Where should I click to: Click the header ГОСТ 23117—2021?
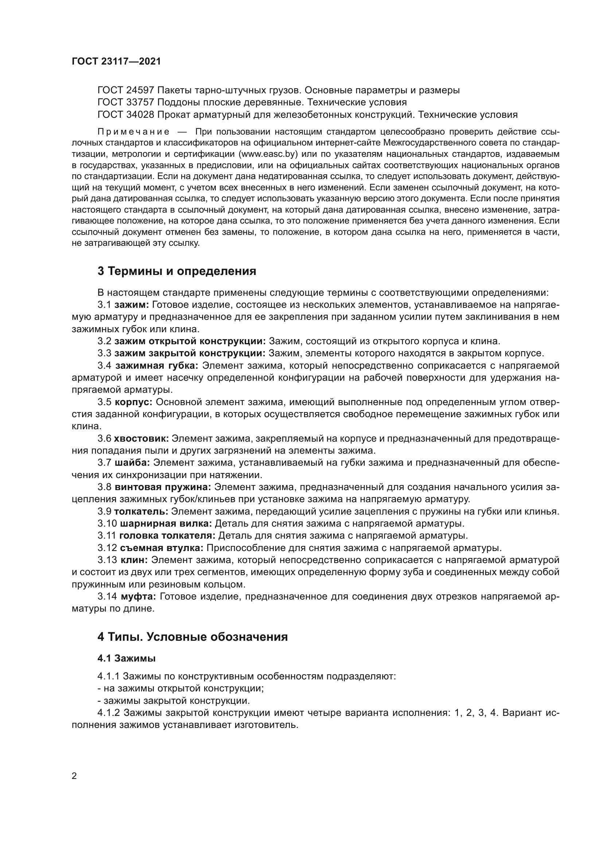(x=116, y=61)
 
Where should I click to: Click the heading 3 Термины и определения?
(x=177, y=271)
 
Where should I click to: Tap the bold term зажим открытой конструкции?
(x=190, y=341)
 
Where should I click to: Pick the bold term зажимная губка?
(x=157, y=365)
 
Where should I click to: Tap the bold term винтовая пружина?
(x=163, y=487)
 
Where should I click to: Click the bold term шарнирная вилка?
(x=166, y=523)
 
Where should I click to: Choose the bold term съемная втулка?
(x=162, y=548)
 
